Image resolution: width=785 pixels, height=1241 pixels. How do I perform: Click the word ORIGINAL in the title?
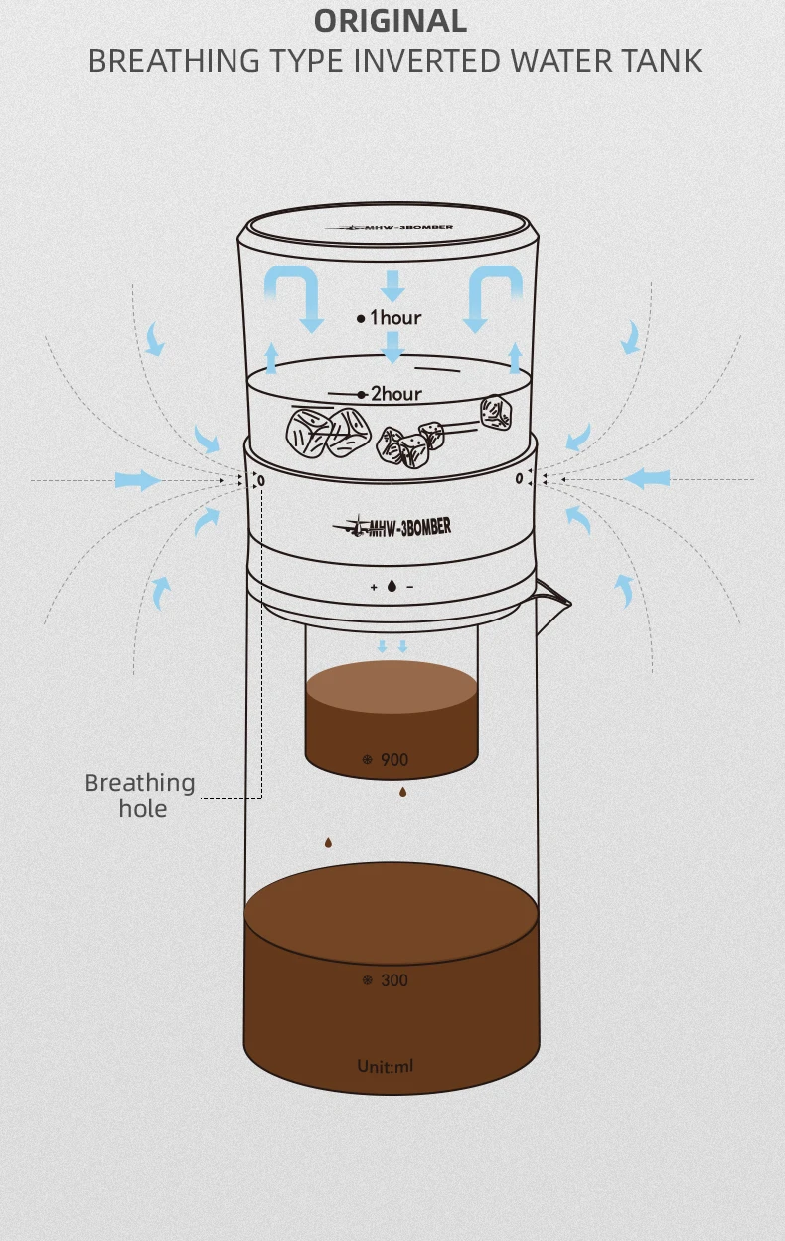(x=391, y=21)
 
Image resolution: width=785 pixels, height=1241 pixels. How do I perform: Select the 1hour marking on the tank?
(x=390, y=318)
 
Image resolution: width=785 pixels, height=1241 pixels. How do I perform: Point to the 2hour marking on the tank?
(x=391, y=394)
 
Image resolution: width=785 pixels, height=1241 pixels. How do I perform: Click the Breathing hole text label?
(x=141, y=796)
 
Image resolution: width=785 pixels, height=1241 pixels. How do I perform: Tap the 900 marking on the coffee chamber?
(x=394, y=760)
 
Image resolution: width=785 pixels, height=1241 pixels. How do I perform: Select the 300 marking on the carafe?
(x=394, y=980)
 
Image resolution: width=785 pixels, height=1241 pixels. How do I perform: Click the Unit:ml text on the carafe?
(x=386, y=1065)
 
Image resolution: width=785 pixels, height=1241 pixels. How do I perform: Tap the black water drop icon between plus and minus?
(x=392, y=586)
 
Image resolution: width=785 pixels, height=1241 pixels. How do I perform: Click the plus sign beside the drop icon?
(x=374, y=587)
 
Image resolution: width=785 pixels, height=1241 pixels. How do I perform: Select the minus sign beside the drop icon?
(x=410, y=587)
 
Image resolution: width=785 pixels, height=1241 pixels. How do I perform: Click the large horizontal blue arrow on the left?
(x=138, y=479)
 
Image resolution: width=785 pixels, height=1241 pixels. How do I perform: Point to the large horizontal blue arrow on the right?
(x=647, y=478)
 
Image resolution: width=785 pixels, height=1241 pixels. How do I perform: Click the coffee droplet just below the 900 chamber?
(x=403, y=793)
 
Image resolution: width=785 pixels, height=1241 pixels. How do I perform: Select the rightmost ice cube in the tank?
(x=496, y=413)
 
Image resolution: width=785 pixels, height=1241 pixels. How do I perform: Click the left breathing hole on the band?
(x=261, y=481)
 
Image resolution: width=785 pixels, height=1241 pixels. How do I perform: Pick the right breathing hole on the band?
(x=519, y=478)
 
